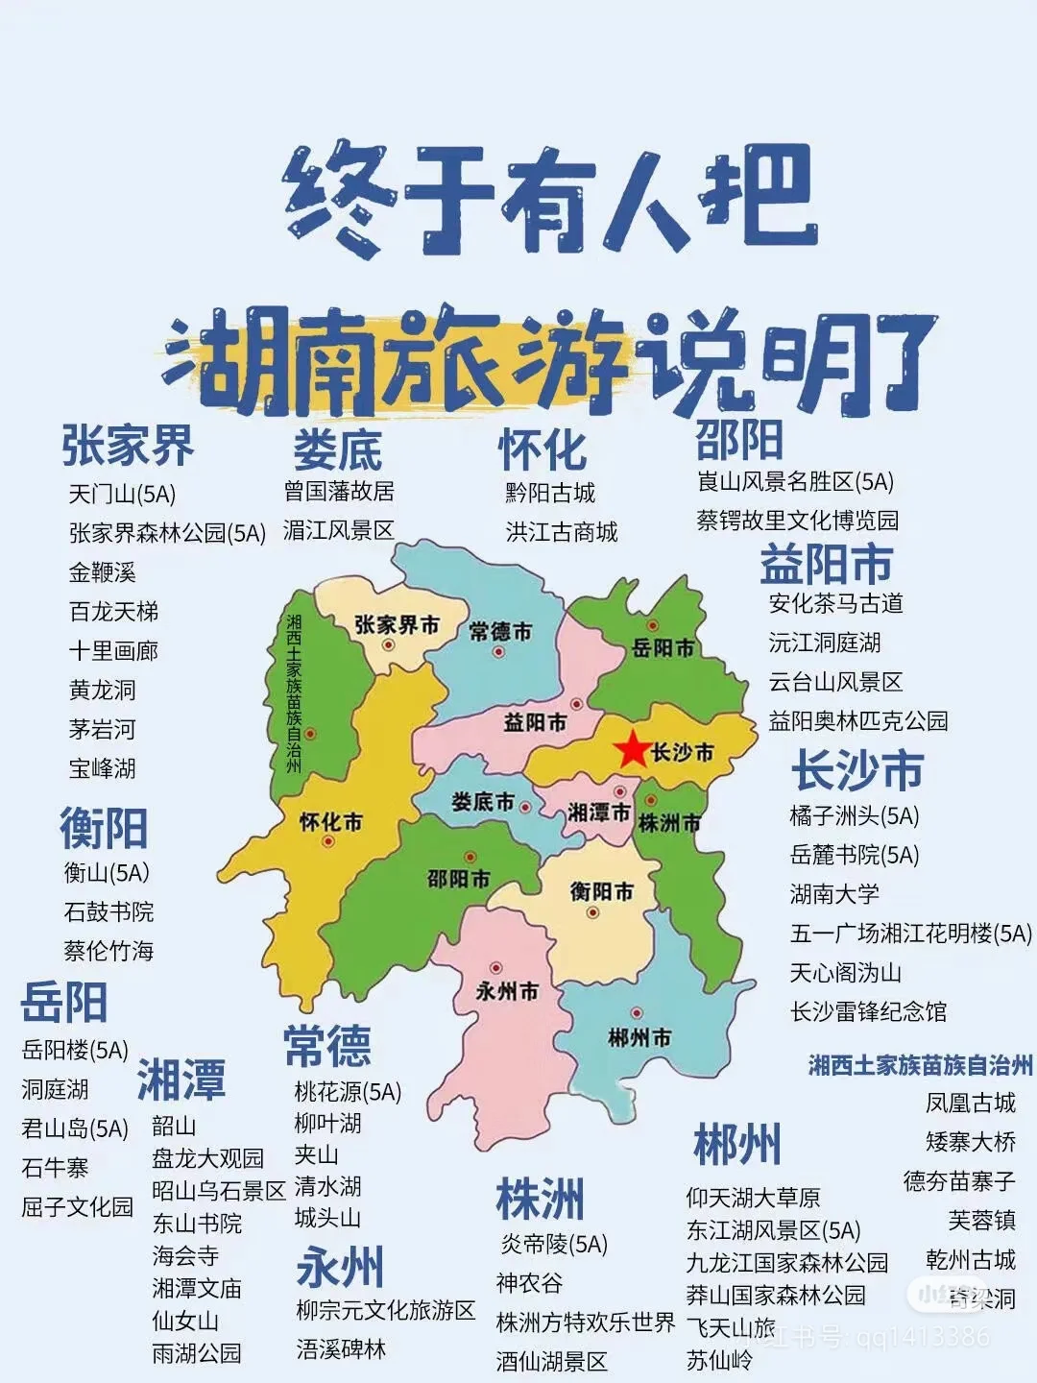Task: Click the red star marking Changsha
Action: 632,749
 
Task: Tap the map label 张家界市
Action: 397,625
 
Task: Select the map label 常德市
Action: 500,631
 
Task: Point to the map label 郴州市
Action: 639,1037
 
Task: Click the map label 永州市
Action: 507,991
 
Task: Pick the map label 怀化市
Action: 331,822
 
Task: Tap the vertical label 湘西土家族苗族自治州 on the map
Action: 294,693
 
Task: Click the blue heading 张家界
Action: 128,445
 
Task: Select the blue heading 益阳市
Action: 826,564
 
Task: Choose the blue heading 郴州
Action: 737,1144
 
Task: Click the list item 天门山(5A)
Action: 122,495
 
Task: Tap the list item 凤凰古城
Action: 970,1103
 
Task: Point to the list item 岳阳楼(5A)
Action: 75,1051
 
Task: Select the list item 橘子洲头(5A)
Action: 854,816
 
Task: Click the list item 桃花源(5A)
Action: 348,1092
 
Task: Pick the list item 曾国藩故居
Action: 339,492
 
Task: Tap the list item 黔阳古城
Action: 550,494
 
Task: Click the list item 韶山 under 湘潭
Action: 174,1126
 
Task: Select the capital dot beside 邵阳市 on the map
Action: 470,857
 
